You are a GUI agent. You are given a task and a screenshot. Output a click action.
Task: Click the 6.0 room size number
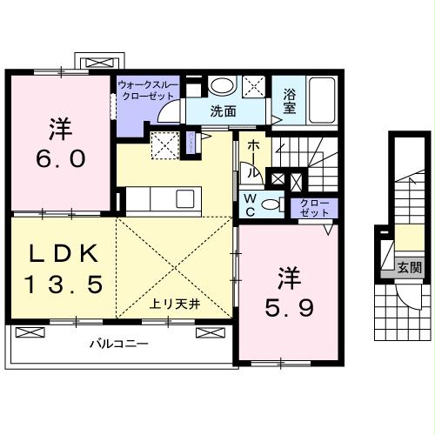tap(61, 158)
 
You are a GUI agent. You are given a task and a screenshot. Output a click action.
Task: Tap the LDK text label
tap(64, 253)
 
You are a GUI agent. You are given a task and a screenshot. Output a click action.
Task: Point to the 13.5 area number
tap(64, 284)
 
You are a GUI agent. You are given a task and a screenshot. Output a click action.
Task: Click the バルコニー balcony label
tap(119, 345)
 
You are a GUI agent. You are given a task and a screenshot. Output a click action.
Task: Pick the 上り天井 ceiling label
tap(175, 304)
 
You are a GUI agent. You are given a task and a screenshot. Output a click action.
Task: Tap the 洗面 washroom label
tap(223, 111)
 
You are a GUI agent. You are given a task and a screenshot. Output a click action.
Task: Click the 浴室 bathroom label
tap(290, 101)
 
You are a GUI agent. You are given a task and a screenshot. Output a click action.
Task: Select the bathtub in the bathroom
tap(321, 100)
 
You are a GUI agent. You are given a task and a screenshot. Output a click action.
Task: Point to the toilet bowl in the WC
tap(271, 204)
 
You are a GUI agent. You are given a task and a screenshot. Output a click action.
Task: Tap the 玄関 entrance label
tap(409, 267)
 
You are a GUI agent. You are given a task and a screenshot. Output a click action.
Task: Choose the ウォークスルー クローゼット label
tap(148, 90)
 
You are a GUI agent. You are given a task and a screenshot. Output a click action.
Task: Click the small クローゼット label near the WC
tap(315, 208)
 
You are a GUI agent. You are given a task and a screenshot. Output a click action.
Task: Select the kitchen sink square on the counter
tap(184, 198)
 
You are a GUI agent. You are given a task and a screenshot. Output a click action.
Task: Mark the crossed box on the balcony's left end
tap(30, 332)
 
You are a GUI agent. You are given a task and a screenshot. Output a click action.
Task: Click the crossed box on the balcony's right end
tap(211, 332)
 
